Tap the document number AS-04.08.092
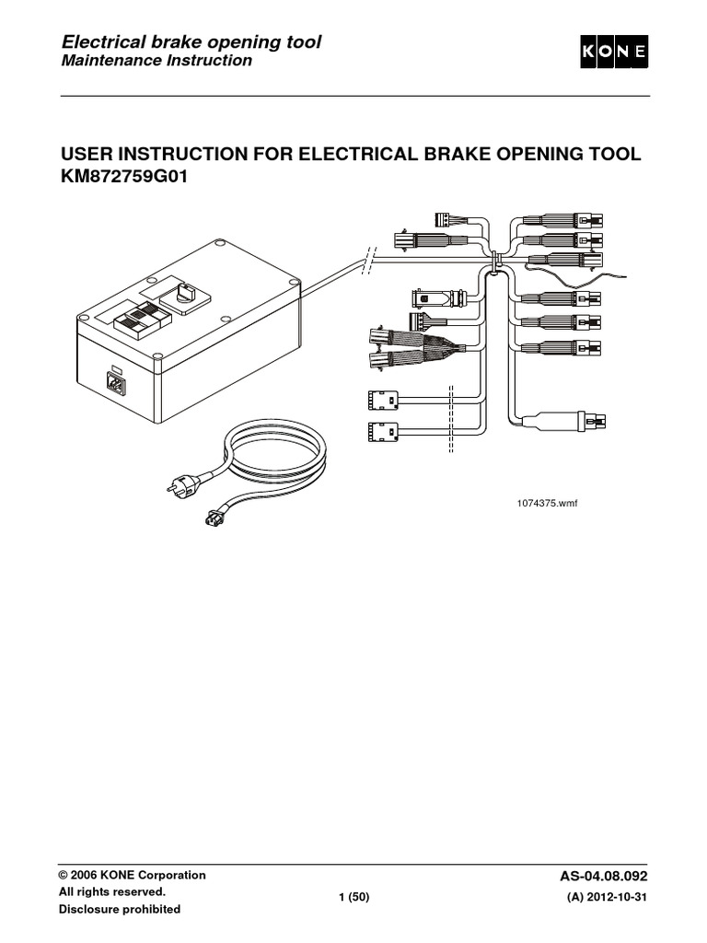(x=609, y=875)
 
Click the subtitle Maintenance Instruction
(x=156, y=62)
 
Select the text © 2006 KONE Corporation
(x=133, y=875)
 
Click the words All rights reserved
(x=112, y=892)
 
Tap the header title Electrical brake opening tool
(x=191, y=42)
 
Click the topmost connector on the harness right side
(x=562, y=221)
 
